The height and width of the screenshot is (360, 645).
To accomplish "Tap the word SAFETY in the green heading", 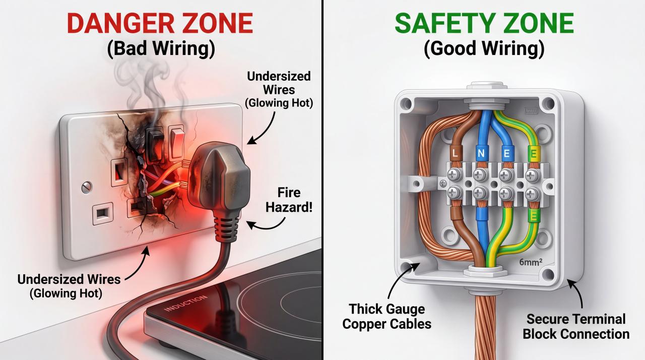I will [441, 24].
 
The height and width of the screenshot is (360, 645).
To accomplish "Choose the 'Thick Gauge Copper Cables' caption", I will [386, 316].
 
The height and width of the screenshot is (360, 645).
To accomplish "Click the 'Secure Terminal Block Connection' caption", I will [575, 326].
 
